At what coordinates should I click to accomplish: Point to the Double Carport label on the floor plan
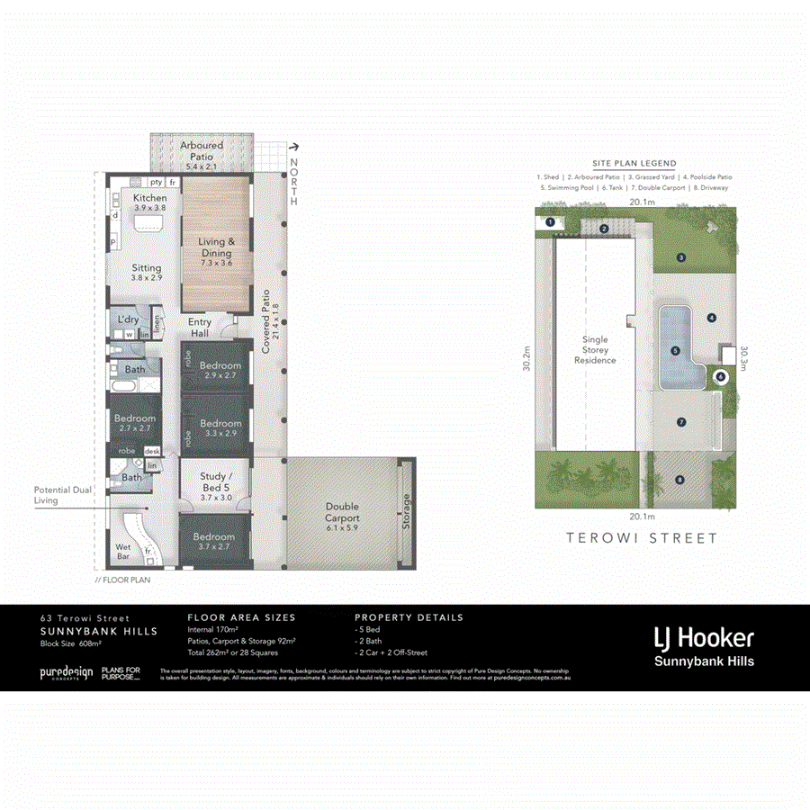point(342,512)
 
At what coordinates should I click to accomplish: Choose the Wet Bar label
point(123,551)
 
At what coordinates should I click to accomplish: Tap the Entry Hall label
point(200,328)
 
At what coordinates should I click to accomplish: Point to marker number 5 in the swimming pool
point(675,351)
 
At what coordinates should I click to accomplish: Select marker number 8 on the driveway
point(679,481)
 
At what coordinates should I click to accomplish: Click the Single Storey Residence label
point(595,350)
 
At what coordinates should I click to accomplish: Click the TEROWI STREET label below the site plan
point(641,538)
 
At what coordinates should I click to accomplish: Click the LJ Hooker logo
point(704,639)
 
